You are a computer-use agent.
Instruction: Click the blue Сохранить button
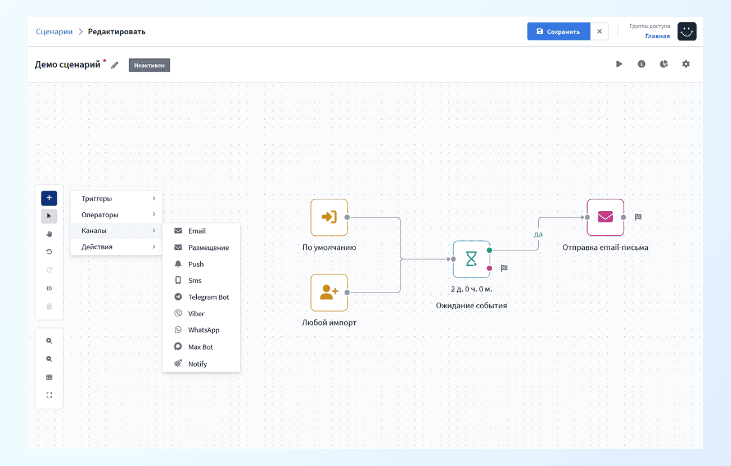click(x=558, y=31)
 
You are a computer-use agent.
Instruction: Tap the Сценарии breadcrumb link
click(x=54, y=31)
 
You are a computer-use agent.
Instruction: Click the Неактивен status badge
click(x=149, y=65)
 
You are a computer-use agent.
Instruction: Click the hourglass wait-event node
click(x=471, y=259)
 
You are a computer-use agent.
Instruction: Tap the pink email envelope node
click(x=606, y=217)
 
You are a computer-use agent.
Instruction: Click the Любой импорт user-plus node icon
click(x=329, y=293)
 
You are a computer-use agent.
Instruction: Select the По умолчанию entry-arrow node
click(x=329, y=217)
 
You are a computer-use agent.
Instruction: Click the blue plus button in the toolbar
click(x=49, y=198)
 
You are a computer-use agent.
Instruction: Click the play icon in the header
click(x=619, y=64)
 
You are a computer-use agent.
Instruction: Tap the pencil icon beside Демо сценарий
click(x=115, y=65)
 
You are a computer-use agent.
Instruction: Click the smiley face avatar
click(x=687, y=31)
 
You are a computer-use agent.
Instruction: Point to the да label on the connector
click(x=538, y=234)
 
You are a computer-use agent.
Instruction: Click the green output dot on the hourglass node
click(x=489, y=250)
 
